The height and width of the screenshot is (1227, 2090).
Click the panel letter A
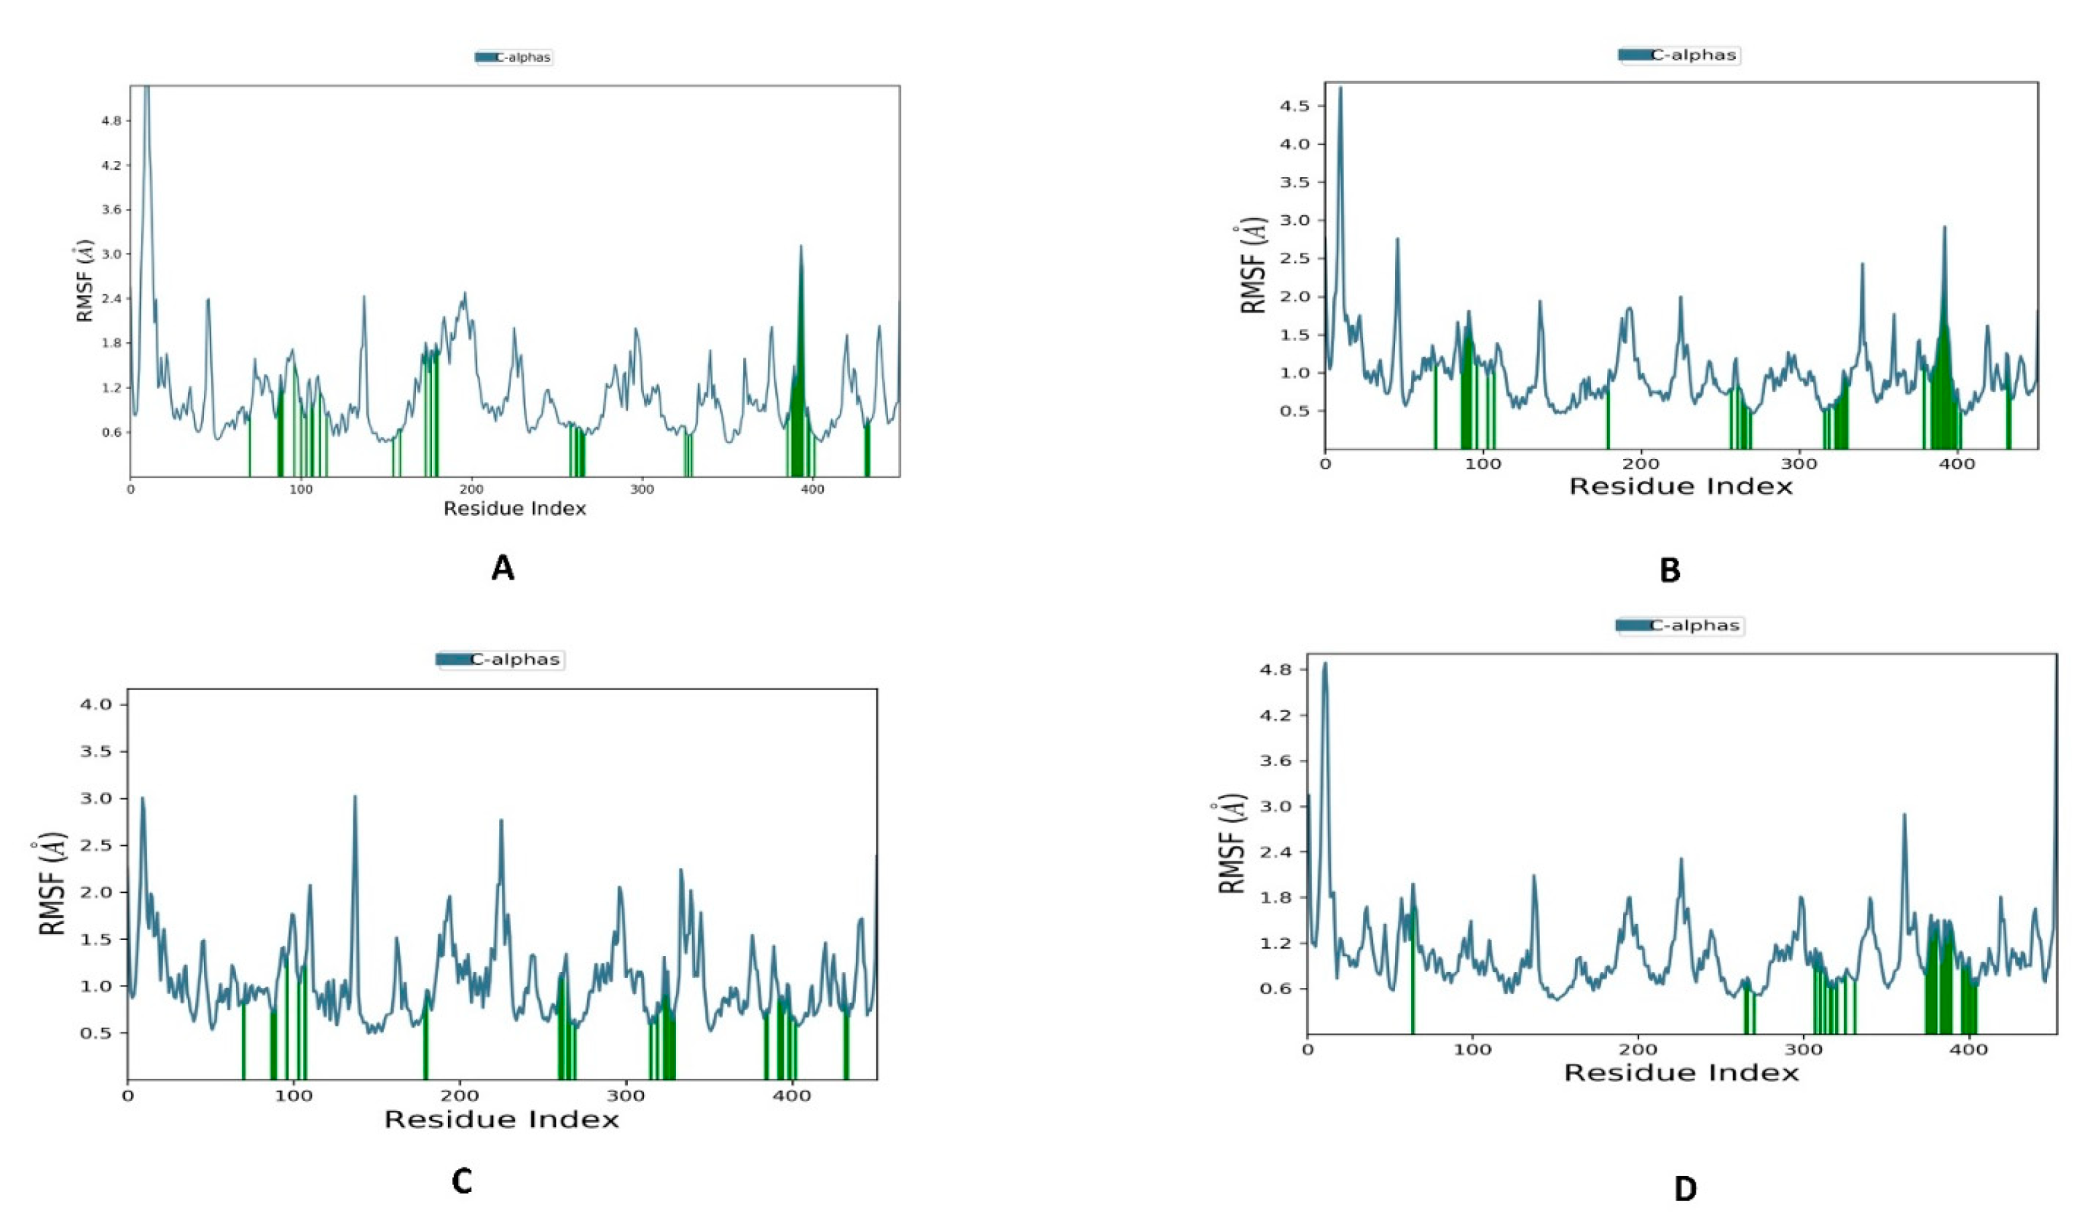[502, 568]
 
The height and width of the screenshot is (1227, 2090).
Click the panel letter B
[1669, 570]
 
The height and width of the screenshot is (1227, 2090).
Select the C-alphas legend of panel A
[513, 57]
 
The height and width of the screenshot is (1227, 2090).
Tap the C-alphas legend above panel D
[1681, 625]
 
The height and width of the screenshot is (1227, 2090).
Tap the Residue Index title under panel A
[514, 509]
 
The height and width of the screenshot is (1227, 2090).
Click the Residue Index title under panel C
[502, 1120]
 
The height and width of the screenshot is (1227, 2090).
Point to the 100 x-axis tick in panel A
[301, 490]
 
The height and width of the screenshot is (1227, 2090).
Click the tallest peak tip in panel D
[1325, 663]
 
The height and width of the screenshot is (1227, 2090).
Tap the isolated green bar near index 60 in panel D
[1413, 979]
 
